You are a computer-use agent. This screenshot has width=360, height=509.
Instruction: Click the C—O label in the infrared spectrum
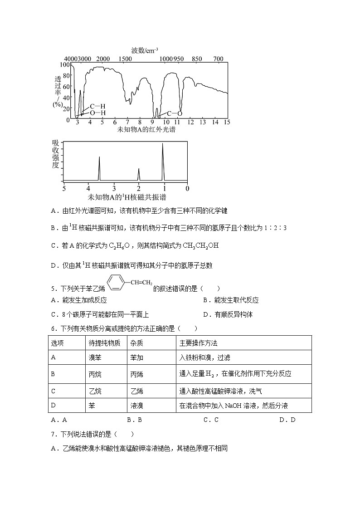click(x=175, y=113)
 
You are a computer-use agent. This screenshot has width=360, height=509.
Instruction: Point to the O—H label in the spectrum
click(x=97, y=113)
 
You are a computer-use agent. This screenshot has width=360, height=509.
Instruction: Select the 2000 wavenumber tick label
click(x=103, y=59)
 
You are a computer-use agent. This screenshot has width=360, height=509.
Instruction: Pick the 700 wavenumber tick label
click(x=219, y=59)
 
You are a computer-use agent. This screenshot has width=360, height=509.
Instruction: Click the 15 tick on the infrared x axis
click(x=227, y=122)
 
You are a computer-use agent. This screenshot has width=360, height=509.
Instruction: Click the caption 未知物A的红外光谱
click(x=146, y=130)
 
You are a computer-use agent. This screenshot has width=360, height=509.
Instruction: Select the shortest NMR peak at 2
click(x=139, y=174)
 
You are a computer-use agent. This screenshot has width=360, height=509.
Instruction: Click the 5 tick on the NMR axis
click(x=64, y=188)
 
